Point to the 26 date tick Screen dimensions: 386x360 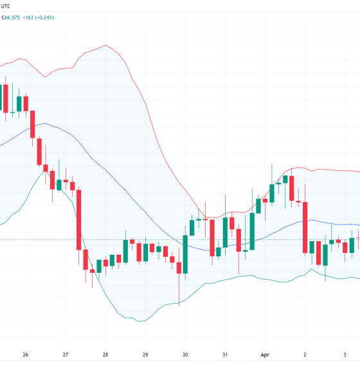[x=25, y=354]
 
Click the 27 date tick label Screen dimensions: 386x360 [x=65, y=354]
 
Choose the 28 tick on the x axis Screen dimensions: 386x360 [x=105, y=354]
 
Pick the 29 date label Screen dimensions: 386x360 [x=145, y=354]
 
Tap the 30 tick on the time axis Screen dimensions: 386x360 [x=185, y=354]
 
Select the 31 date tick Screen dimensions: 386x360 [x=225, y=354]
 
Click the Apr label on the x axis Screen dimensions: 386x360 [x=265, y=354]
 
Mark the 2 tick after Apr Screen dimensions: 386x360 [x=305, y=354]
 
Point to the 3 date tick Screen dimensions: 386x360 [x=345, y=354]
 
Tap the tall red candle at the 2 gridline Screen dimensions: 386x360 [x=305, y=228]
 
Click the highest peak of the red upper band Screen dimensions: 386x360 [x=105, y=46]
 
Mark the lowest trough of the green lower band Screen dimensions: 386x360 [x=138, y=320]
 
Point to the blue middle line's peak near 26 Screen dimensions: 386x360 [x=44, y=124]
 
